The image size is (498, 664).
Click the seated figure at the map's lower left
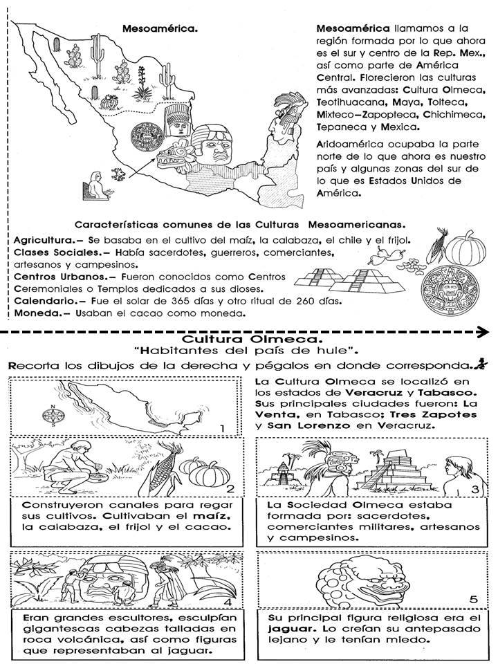pos(94,187)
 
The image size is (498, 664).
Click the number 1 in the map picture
pos(222,429)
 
